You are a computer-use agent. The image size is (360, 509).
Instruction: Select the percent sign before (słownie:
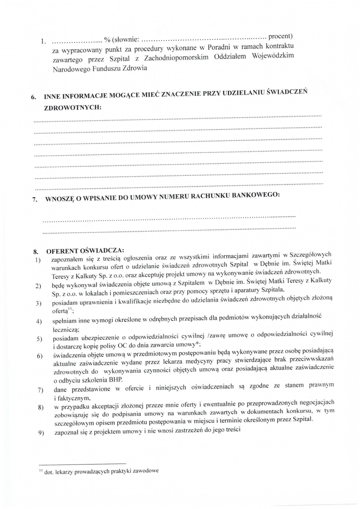point(107,40)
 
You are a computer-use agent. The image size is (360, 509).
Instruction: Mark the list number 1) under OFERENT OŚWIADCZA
point(38,260)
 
